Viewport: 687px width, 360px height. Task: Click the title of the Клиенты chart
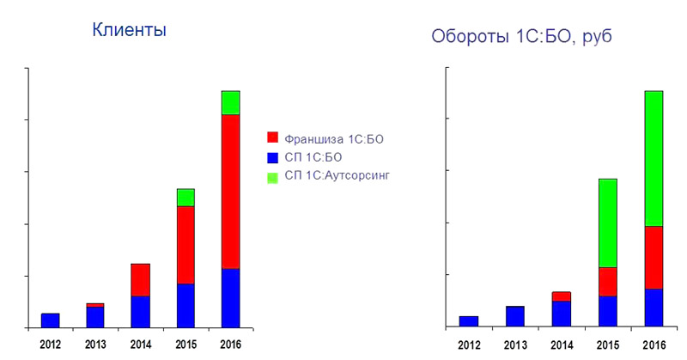130,30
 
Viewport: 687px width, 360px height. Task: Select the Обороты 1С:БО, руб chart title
521,36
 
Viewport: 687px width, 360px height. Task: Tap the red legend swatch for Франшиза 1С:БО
272,137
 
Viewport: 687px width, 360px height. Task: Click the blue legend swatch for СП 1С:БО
272,158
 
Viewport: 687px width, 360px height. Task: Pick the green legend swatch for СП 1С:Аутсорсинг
272,178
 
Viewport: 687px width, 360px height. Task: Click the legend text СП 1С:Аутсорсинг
337,175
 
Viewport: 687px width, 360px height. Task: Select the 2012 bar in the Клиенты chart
51,320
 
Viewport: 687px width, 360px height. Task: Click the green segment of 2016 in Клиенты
230,102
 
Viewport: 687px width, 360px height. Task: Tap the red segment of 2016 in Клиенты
230,192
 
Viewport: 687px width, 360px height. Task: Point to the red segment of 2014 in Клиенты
141,280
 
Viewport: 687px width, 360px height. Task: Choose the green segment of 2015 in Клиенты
185,198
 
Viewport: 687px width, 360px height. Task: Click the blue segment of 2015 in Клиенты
185,306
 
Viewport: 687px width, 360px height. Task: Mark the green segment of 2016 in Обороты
654,159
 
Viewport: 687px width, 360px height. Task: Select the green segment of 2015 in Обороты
608,223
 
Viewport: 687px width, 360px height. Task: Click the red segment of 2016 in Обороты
654,258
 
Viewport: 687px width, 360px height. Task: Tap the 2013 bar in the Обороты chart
515,316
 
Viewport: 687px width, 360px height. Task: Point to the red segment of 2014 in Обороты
562,296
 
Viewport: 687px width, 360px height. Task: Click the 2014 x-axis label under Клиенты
141,345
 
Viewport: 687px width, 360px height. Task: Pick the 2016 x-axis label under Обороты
654,345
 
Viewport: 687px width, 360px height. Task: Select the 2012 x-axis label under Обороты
469,345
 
